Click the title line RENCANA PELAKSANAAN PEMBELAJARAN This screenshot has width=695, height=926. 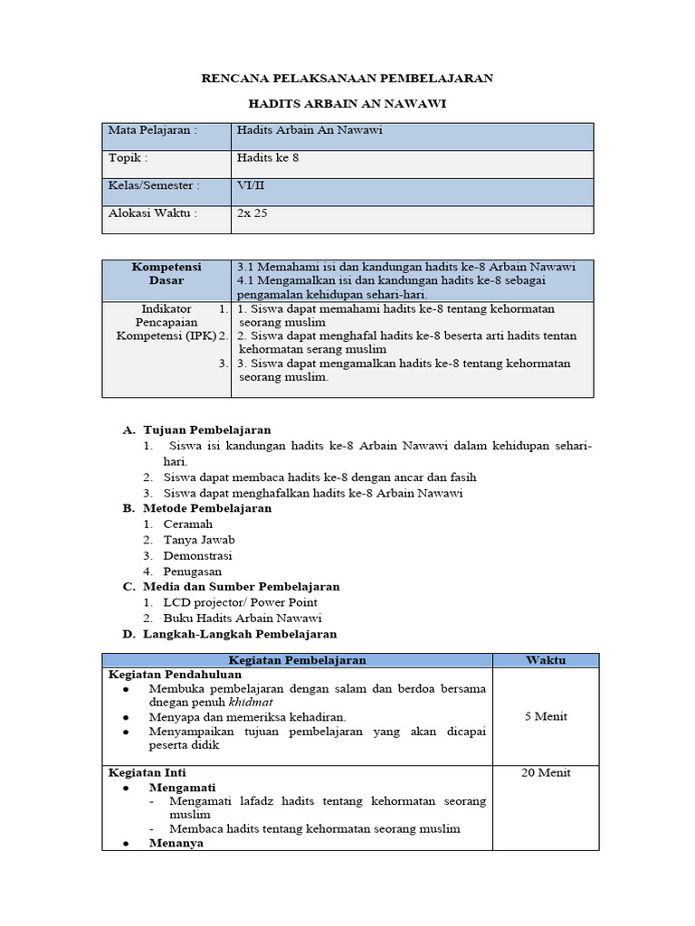click(x=347, y=79)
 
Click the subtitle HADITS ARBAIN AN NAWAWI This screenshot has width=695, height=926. click(x=347, y=105)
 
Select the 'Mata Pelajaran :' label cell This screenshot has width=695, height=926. click(x=152, y=130)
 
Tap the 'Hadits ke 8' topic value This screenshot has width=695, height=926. click(x=268, y=158)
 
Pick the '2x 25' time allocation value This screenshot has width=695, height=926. click(x=252, y=214)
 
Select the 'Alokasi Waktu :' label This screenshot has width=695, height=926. click(x=152, y=214)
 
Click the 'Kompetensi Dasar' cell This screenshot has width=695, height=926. click(x=166, y=274)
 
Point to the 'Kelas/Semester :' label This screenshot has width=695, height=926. click(x=154, y=186)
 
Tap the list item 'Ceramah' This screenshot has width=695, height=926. click(x=188, y=524)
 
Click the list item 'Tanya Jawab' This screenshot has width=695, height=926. click(x=199, y=540)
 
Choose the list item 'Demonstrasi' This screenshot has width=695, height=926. click(x=197, y=555)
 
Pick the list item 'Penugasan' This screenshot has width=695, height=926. click(x=192, y=572)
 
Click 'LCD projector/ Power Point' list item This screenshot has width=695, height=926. click(x=240, y=602)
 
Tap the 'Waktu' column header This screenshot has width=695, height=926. click(x=545, y=660)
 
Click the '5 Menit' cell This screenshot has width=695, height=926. click(x=545, y=716)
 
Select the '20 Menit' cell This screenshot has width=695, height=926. click(x=545, y=772)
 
